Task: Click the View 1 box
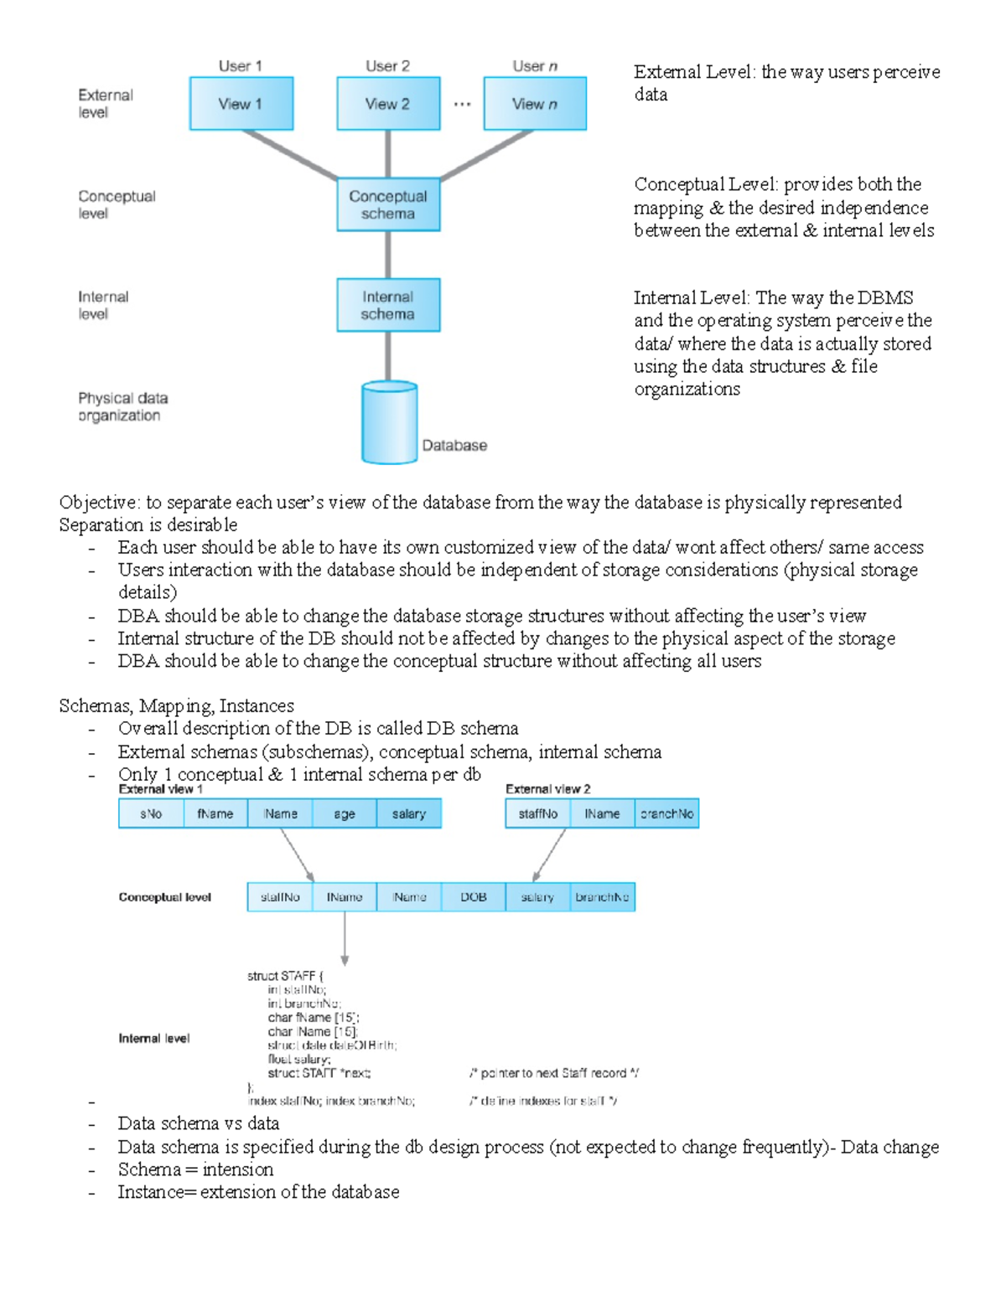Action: point(241,104)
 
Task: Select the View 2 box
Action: point(388,104)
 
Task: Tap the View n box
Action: point(535,104)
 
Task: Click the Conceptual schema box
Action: point(388,204)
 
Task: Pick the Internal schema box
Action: point(388,305)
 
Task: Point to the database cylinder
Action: point(389,423)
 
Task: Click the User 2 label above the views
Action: point(387,66)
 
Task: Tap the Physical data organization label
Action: point(122,406)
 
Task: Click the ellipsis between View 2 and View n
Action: point(462,105)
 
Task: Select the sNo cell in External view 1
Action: point(151,813)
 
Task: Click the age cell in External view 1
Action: point(345,813)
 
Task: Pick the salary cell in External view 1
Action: point(409,813)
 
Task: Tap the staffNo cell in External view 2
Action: point(537,813)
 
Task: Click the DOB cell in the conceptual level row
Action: point(474,896)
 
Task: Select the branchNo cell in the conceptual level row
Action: point(602,896)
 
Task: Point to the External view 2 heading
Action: point(547,789)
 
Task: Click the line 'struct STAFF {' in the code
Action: point(285,976)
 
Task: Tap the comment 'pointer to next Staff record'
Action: point(554,1073)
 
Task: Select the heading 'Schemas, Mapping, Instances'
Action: point(176,705)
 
